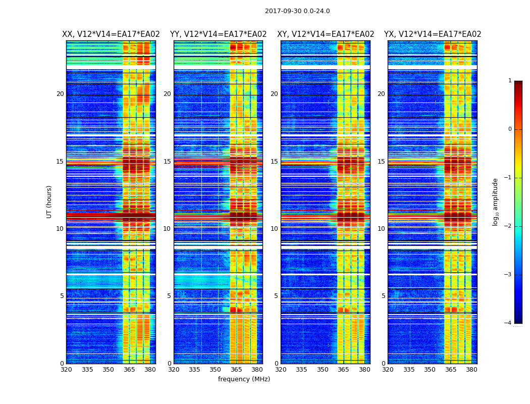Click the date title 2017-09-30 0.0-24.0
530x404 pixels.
pyautogui.click(x=297, y=11)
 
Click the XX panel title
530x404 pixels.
pyautogui.click(x=111, y=34)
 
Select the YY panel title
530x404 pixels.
pyautogui.click(x=218, y=34)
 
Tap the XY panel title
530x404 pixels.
pyautogui.click(x=326, y=34)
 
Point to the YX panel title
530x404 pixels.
pyautogui.click(x=433, y=34)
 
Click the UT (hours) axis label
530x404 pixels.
pyautogui.click(x=49, y=201)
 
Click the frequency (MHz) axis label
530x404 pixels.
pyautogui.click(x=244, y=379)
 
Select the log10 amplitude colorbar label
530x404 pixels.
pyautogui.click(x=496, y=201)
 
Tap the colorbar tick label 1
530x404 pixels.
pyautogui.click(x=510, y=81)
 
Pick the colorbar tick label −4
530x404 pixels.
pyautogui.click(x=508, y=323)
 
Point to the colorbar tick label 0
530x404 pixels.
pyautogui.click(x=510, y=129)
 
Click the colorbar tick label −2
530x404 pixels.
pyautogui.click(x=508, y=226)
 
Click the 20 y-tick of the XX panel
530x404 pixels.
pyautogui.click(x=60, y=94)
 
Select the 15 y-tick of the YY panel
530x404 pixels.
pyautogui.click(x=167, y=162)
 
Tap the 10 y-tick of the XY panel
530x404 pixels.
pyautogui.click(x=274, y=229)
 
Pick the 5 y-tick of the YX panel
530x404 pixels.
pyautogui.click(x=383, y=296)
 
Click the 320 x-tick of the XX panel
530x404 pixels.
pyautogui.click(x=66, y=370)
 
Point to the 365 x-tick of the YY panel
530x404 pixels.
pyautogui.click(x=236, y=370)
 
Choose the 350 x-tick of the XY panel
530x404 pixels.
pyautogui.click(x=323, y=370)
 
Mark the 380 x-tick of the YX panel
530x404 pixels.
pyautogui.click(x=471, y=370)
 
